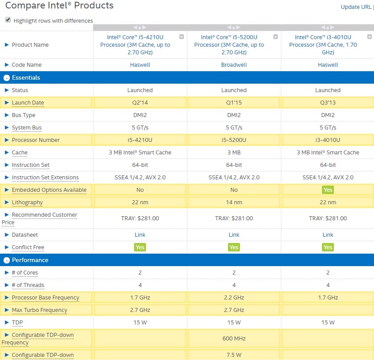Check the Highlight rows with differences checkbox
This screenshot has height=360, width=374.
click(8, 20)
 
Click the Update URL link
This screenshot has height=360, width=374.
click(356, 7)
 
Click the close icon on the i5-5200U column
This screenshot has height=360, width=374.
click(276, 37)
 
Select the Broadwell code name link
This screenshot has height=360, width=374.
click(234, 65)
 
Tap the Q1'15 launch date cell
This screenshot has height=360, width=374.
click(234, 103)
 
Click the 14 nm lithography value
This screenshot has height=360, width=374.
click(234, 202)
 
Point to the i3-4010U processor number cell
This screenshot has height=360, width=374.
click(328, 140)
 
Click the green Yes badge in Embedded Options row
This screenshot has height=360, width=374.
click(328, 190)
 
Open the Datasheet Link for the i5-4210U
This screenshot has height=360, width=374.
click(140, 235)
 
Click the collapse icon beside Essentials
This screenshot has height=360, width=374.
click(7, 78)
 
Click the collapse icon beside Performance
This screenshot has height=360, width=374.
click(7, 260)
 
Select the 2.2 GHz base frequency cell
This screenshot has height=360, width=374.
click(234, 298)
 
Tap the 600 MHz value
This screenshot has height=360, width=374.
click(234, 339)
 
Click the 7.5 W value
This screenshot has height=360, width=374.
click(234, 355)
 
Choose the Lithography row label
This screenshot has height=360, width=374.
click(27, 202)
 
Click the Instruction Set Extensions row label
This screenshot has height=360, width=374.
click(45, 178)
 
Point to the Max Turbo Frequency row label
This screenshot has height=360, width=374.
click(39, 310)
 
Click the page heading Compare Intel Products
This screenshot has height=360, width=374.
click(59, 6)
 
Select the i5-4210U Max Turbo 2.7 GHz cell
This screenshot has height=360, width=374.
click(140, 310)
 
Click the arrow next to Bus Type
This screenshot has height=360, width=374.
click(7, 115)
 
